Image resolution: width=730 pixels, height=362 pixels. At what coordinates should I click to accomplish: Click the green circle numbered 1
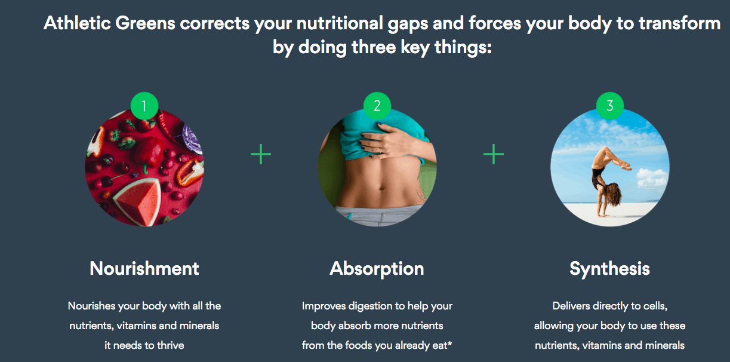pos(144,106)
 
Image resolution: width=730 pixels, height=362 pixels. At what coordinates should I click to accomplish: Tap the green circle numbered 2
pos(377,106)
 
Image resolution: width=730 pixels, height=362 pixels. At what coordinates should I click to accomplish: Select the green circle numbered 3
pos(610,106)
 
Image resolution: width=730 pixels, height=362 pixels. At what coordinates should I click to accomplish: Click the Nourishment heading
pos(144,268)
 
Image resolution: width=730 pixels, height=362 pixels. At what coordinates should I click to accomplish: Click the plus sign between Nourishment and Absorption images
pos(261,154)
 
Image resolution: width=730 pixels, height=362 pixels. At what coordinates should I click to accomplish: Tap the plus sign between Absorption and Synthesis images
pos(494,154)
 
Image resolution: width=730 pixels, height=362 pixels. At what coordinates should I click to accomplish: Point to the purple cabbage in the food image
pos(192,140)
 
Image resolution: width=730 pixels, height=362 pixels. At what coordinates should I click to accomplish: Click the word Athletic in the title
pos(77,23)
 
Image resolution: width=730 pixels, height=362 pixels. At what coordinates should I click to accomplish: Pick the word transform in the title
pos(679,23)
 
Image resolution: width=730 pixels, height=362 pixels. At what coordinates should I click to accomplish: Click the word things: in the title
pos(463,48)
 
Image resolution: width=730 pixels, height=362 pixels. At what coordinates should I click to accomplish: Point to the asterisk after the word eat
pos(449,342)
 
